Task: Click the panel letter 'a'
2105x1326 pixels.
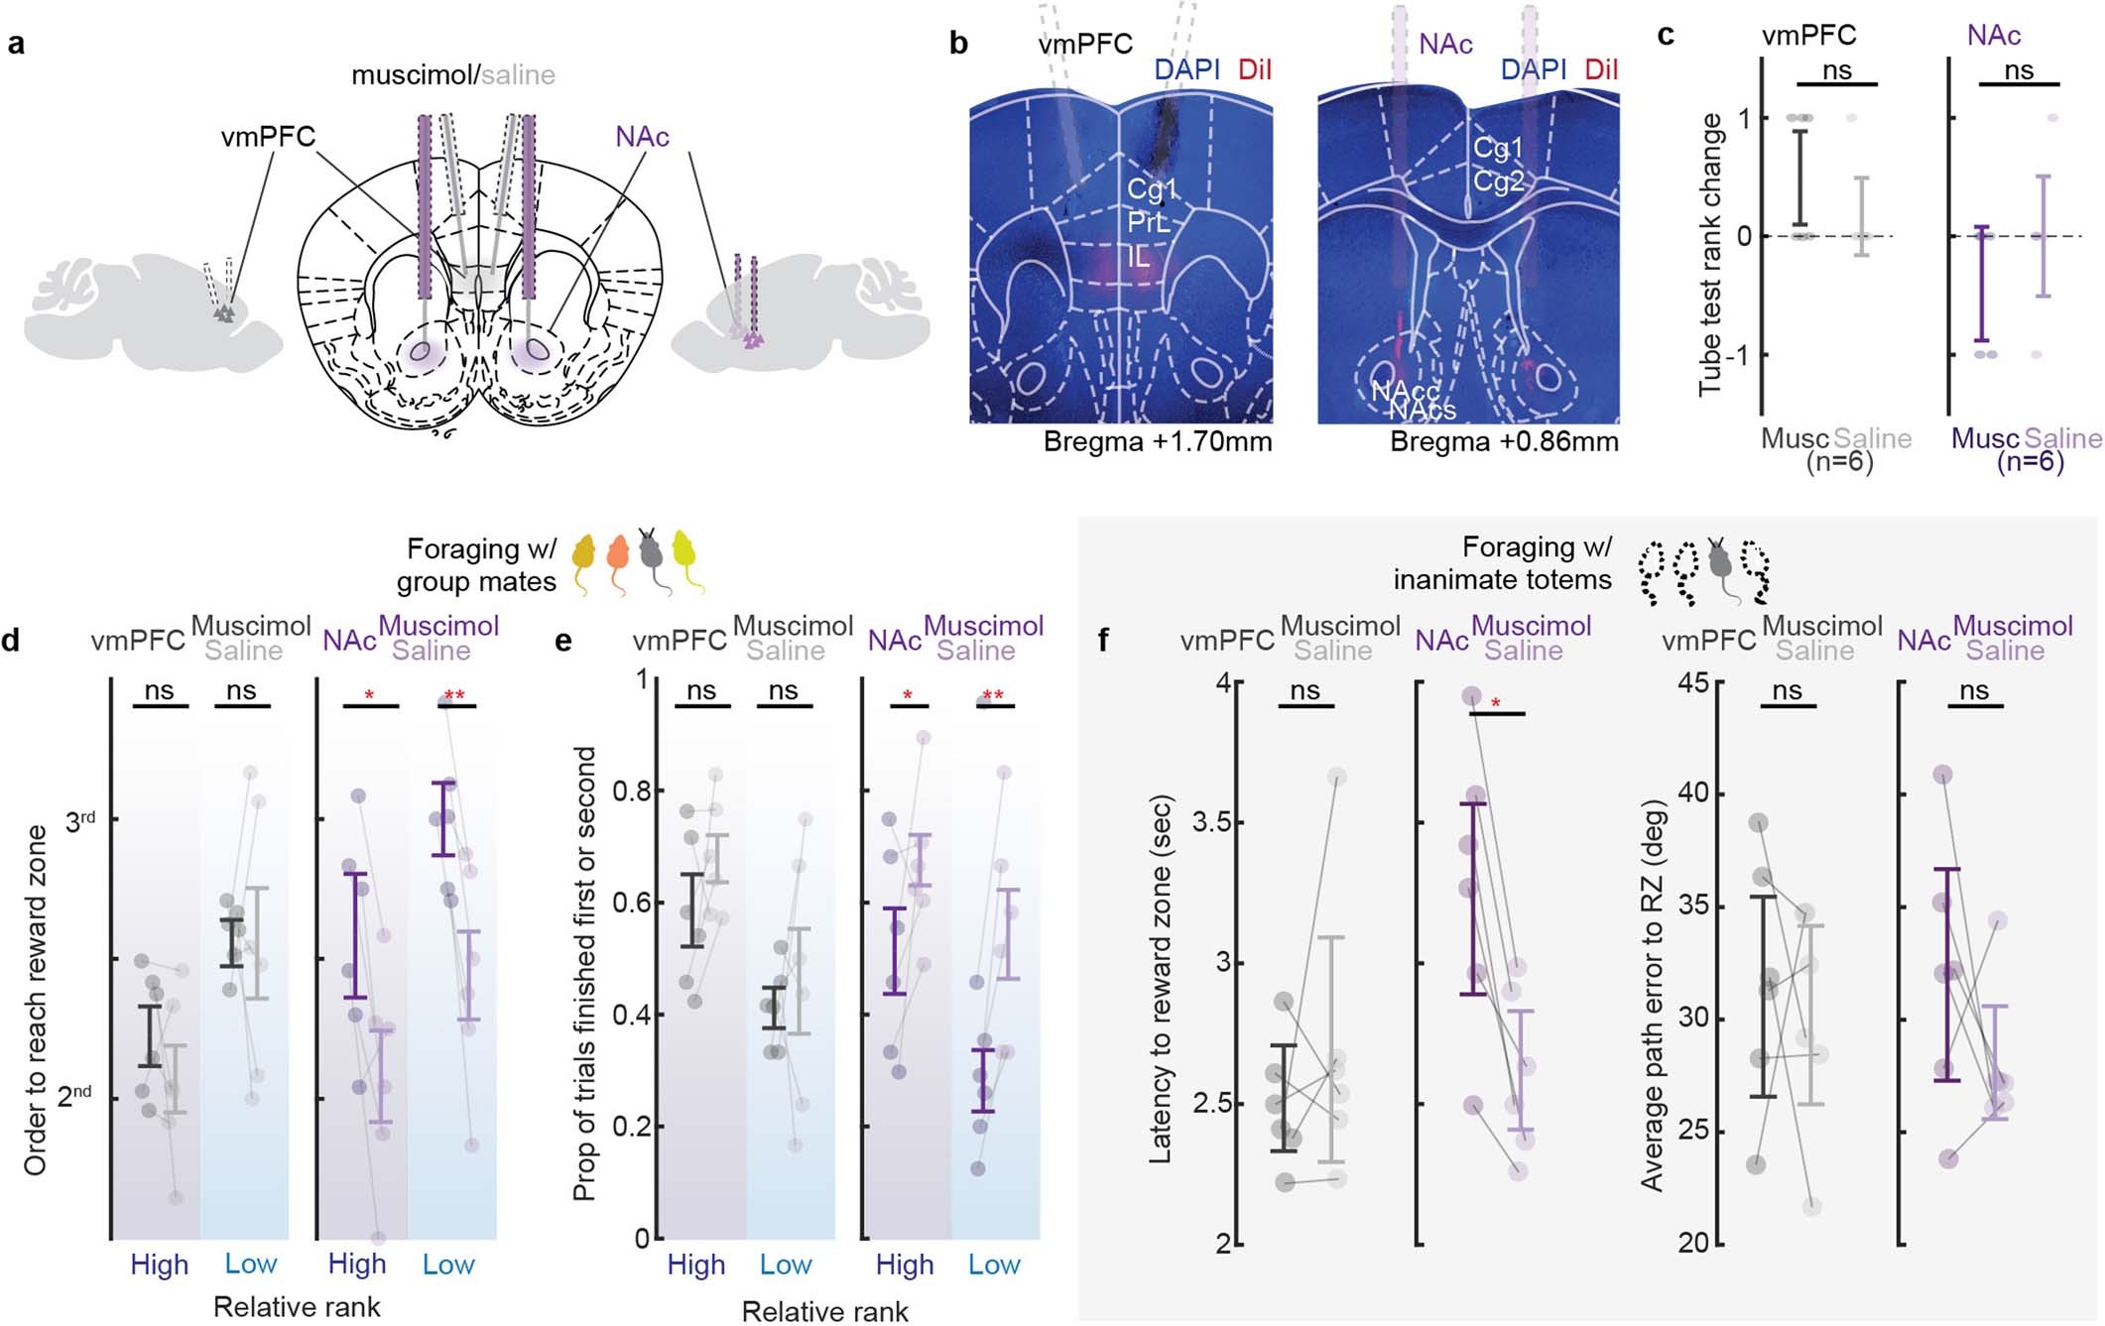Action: click(x=16, y=44)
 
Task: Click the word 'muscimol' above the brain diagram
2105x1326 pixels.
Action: click(x=411, y=75)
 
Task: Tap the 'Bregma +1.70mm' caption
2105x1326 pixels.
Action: click(x=1157, y=442)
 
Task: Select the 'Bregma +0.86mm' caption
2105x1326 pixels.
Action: click(x=1504, y=442)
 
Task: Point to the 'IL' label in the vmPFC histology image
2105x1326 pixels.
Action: click(x=1138, y=258)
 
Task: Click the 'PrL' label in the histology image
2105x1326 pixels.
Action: click(x=1148, y=223)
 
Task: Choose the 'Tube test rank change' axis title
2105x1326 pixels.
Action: click(x=1710, y=256)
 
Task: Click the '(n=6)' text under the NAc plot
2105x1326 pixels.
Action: click(x=2030, y=462)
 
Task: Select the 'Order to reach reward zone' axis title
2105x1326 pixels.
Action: click(x=37, y=1000)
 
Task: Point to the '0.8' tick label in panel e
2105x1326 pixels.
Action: click(x=631, y=791)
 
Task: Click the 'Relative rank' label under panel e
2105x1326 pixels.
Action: click(x=824, y=1311)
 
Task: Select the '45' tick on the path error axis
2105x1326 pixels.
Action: click(x=1692, y=682)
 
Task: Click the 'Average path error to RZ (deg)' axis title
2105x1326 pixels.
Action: click(x=1652, y=995)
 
